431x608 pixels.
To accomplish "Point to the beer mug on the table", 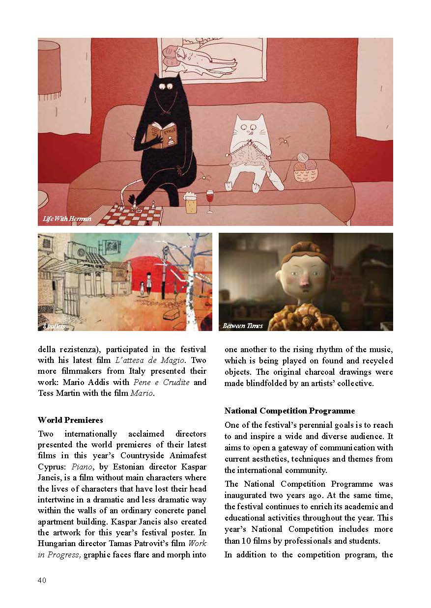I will point(191,202).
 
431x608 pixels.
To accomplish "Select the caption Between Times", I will point(242,326).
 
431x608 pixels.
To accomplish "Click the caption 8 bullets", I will point(54,326).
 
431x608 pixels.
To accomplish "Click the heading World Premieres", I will point(70,420).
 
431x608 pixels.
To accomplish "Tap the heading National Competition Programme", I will point(289,411).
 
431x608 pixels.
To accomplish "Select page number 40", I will point(42,580).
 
